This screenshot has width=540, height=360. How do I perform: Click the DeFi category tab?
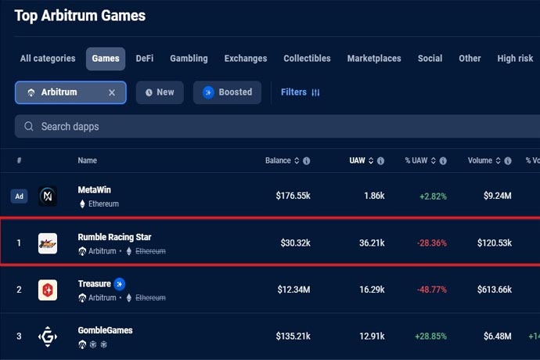[145, 59]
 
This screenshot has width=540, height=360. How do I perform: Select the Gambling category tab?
[189, 59]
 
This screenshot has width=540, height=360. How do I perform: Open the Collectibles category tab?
[307, 59]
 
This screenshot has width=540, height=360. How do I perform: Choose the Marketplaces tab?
[374, 59]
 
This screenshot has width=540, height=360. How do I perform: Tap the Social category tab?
[430, 59]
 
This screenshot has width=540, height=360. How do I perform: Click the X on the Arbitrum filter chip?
[112, 92]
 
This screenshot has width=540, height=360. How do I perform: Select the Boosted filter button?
[227, 92]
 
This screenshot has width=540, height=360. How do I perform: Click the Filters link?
[301, 92]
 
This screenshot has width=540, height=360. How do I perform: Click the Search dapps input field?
[235, 126]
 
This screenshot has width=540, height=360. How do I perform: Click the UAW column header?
[358, 160]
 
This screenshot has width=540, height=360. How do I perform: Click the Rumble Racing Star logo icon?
[48, 243]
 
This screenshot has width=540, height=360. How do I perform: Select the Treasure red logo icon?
[48, 290]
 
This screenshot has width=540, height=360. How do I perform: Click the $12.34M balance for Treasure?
[293, 290]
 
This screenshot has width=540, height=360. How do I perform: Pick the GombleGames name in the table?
[105, 330]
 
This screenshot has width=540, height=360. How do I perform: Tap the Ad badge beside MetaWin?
[20, 196]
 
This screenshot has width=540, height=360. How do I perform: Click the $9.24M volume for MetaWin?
[495, 196]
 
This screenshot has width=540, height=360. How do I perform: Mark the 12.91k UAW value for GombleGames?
[372, 337]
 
